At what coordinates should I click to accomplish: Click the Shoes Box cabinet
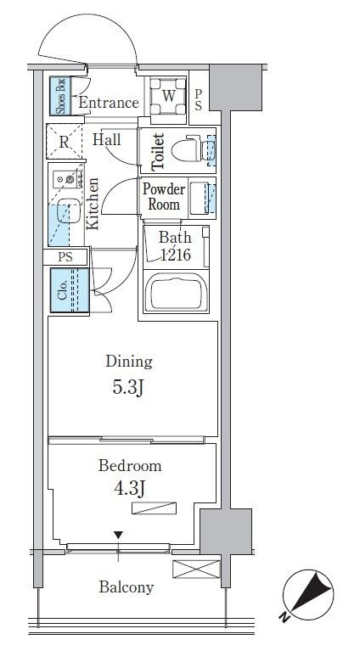[60, 96]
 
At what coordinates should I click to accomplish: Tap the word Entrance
[109, 103]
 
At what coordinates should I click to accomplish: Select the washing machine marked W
[168, 96]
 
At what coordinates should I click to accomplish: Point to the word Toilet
[158, 152]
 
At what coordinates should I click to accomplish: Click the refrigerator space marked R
[64, 141]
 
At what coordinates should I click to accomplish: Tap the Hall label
[107, 139]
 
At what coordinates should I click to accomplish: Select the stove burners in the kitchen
[66, 179]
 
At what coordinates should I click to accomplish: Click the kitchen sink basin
[68, 210]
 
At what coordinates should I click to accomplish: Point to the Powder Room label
[164, 197]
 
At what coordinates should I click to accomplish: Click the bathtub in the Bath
[176, 291]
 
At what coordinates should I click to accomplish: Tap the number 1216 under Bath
[176, 255]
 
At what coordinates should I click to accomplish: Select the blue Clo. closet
[70, 290]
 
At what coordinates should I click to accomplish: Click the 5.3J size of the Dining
[128, 388]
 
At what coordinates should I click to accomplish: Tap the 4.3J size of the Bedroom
[129, 489]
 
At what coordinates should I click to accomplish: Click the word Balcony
[127, 587]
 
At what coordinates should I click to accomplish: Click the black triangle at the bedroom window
[119, 536]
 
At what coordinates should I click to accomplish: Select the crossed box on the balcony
[196, 569]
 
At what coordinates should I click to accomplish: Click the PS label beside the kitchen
[65, 257]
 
